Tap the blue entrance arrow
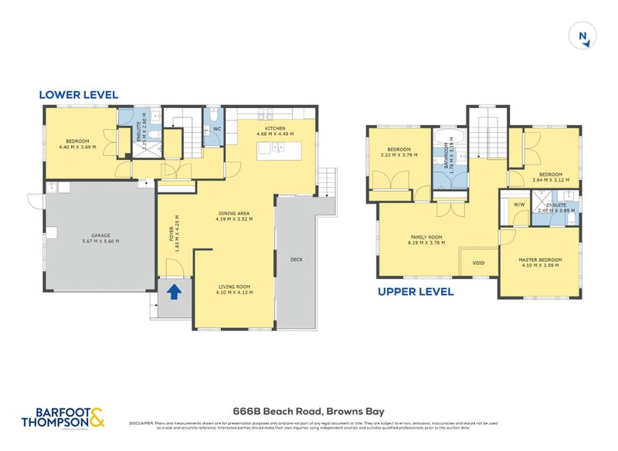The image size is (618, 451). tap(175, 291)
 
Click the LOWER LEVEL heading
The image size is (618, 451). tap(78, 95)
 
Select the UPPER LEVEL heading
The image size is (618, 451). tap(415, 292)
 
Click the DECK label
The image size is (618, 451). tap(297, 259)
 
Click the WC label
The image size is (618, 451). tap(217, 129)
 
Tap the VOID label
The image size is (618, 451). tap(479, 263)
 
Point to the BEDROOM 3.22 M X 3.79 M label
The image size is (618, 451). tap(398, 152)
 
